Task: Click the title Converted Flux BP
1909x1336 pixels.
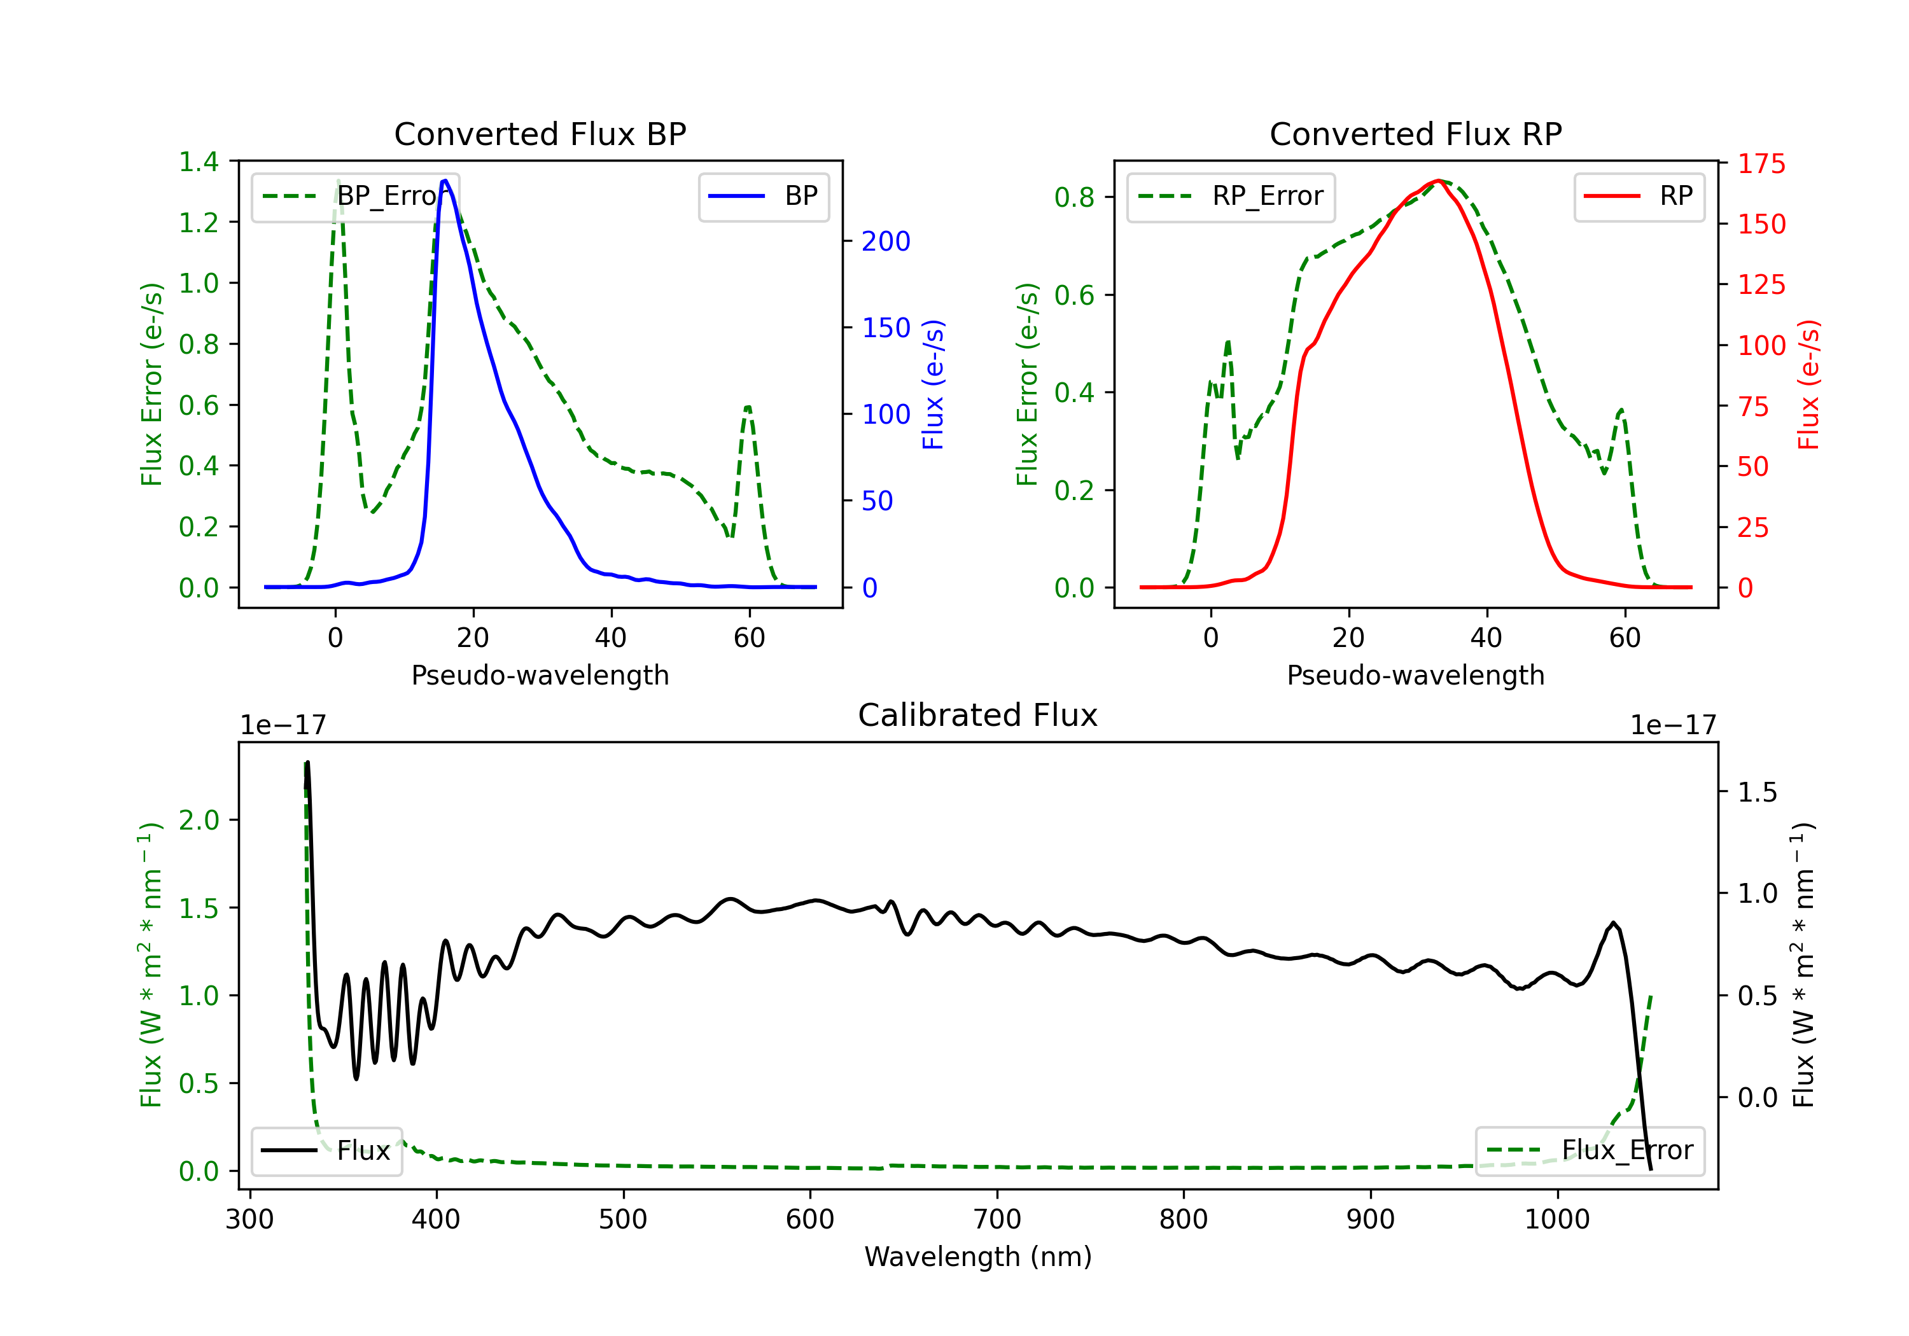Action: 540,134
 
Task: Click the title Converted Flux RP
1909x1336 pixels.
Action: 1416,134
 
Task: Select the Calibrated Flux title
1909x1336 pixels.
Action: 978,715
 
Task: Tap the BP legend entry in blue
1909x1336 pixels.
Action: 763,196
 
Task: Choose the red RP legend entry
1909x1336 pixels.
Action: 1639,196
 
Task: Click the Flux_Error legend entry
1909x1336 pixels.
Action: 1590,1151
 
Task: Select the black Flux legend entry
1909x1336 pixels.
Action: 326,1151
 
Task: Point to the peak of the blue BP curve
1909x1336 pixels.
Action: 445,181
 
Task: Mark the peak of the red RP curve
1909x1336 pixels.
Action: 1437,181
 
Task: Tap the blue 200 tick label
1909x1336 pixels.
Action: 886,241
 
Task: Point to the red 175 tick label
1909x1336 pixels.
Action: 1761,163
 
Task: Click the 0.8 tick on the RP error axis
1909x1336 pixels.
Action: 1074,197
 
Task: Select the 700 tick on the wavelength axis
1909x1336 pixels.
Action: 997,1220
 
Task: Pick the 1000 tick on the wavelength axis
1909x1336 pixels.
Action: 1557,1220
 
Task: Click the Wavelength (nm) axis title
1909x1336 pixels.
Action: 978,1257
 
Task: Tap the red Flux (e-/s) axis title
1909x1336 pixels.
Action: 1808,384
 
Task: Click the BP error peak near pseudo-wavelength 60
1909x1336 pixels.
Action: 748,407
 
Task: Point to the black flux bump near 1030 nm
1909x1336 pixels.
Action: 1613,923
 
